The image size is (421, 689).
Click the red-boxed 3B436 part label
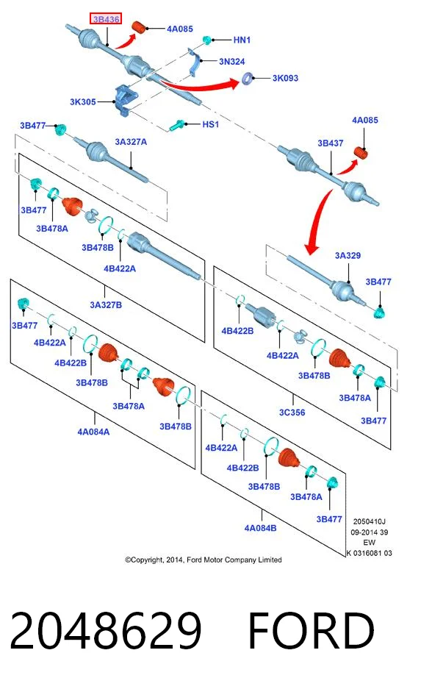point(106,19)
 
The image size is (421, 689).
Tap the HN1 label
point(242,40)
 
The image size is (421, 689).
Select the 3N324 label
point(231,62)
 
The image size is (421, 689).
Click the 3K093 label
point(285,78)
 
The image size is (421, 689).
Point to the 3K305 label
point(83,102)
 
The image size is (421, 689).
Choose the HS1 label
point(211,124)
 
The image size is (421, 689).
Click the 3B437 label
point(331,143)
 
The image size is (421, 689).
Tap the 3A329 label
point(348,256)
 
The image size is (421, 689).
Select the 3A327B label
point(106,305)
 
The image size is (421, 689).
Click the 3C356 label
point(292,413)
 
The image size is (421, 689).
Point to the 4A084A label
point(93,432)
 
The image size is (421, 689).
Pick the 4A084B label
point(261,528)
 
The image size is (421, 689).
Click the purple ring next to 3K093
point(248,79)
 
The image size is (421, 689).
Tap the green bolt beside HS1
point(176,126)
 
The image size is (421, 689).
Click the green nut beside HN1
point(207,40)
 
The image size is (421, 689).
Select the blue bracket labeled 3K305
point(125,100)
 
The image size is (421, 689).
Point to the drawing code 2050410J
point(369,521)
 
